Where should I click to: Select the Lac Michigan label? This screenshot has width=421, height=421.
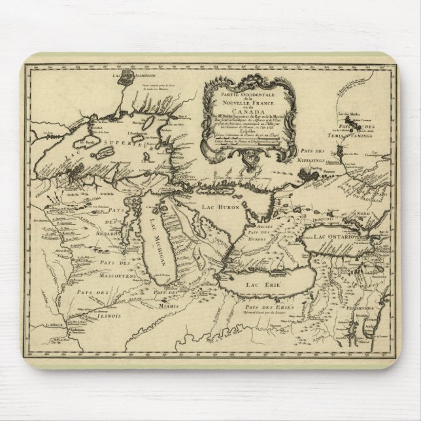pyautogui.click(x=154, y=243)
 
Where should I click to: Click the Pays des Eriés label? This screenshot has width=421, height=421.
pyautogui.click(x=270, y=305)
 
